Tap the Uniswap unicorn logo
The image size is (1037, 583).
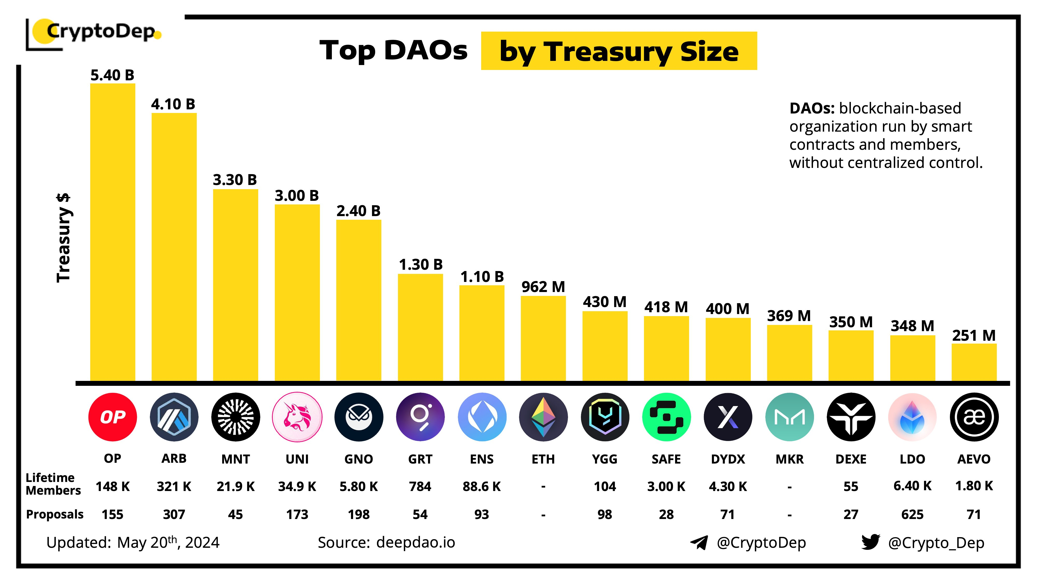coord(297,417)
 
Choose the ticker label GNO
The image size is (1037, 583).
coord(358,459)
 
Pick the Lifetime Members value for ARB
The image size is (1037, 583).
coord(174,486)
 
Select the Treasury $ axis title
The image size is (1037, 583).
coord(63,238)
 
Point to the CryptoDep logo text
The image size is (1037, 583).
coord(101,31)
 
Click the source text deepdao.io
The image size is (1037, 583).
coord(415,542)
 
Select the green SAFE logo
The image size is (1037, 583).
coord(666,417)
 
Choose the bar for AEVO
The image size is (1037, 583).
coord(974,362)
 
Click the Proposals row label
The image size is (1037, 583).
coord(55,514)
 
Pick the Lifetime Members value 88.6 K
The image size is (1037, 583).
coord(481,486)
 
